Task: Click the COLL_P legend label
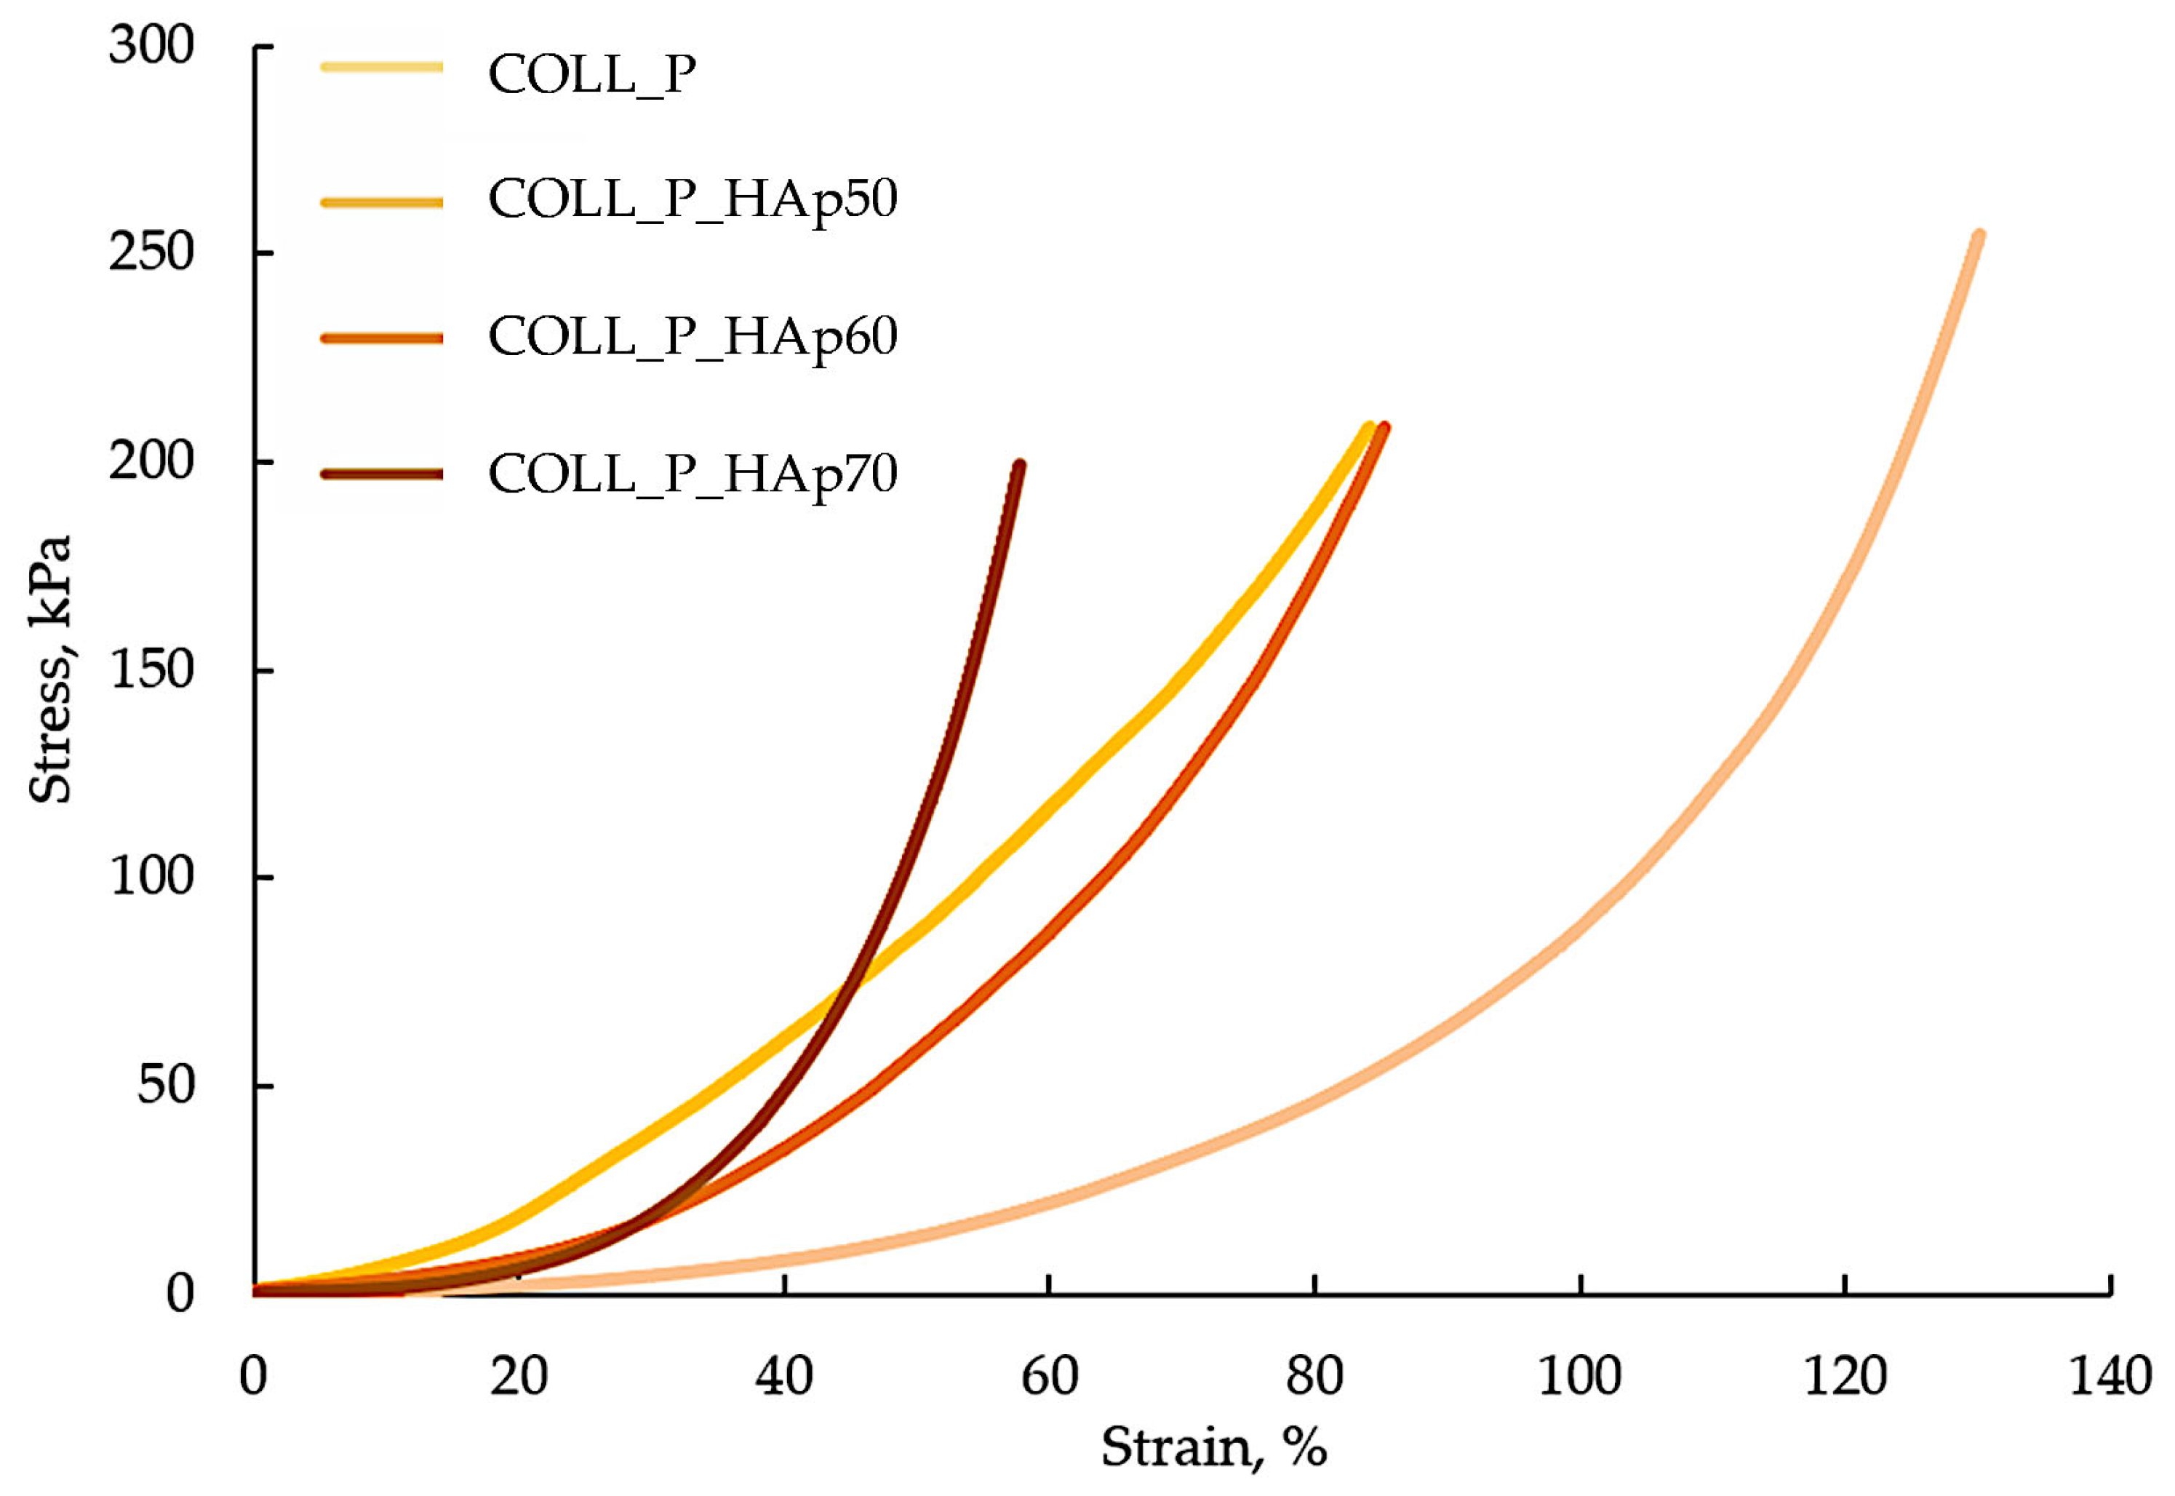[x=591, y=74]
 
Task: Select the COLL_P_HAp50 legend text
[x=693, y=199]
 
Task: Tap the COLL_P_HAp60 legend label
[x=693, y=336]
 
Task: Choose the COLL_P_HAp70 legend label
[x=693, y=474]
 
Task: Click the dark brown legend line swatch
[x=381, y=474]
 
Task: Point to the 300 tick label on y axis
[x=151, y=45]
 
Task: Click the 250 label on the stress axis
[x=151, y=252]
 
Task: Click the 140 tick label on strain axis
[x=2110, y=1376]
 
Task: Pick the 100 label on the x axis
[x=1580, y=1376]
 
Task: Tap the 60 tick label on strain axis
[x=1049, y=1376]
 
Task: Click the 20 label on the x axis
[x=518, y=1376]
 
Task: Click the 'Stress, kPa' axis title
[x=49, y=669]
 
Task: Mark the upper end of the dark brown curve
[x=1020, y=465]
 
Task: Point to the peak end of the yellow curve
[x=1369, y=427]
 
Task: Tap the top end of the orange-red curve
[x=1385, y=427]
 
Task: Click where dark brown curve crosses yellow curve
[x=849, y=982]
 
